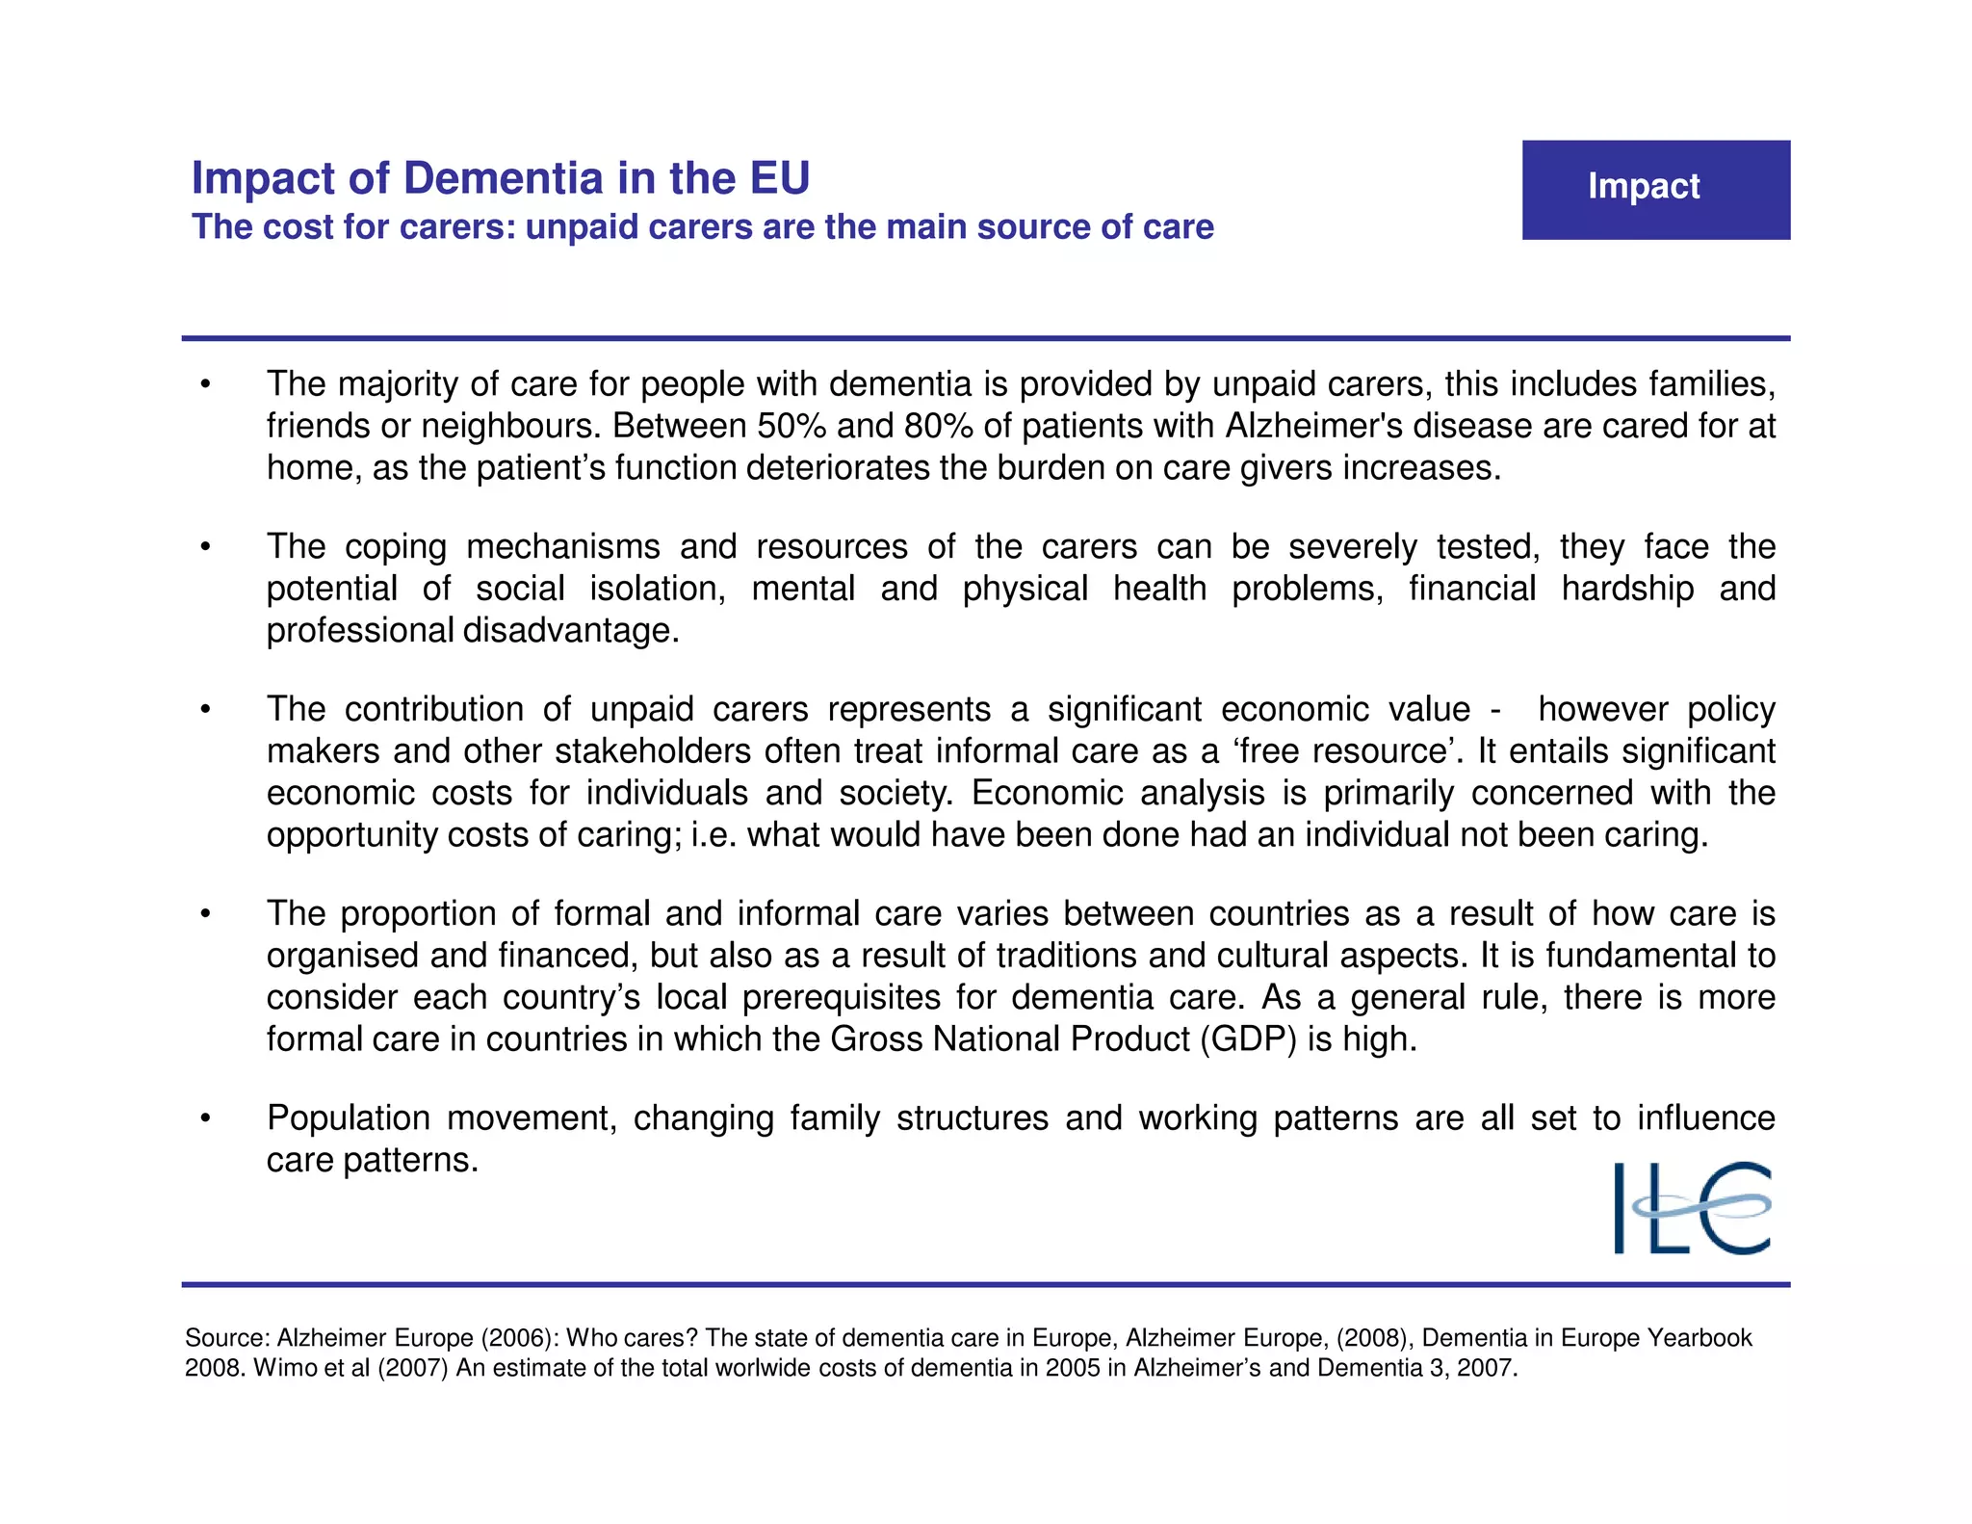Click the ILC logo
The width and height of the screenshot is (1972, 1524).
tap(1692, 1208)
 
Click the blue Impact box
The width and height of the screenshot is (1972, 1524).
tap(1655, 190)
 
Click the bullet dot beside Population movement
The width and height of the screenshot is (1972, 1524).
tap(205, 1118)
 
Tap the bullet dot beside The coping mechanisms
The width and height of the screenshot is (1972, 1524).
tap(205, 547)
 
